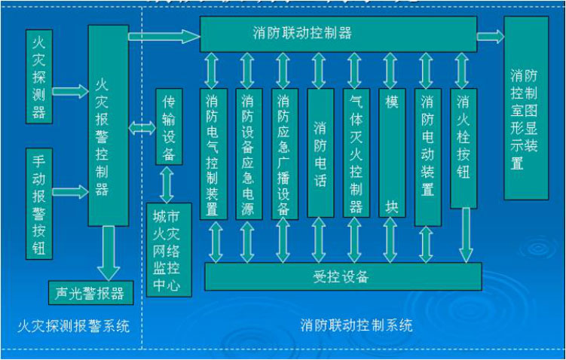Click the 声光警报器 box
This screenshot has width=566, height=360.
pyautogui.click(x=90, y=292)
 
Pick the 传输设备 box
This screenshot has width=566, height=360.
pyautogui.click(x=169, y=127)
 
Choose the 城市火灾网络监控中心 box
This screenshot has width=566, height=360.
pyautogui.click(x=169, y=249)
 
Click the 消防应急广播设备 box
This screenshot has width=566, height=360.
pyautogui.click(x=283, y=154)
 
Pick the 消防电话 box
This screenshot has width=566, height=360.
pyautogui.click(x=320, y=154)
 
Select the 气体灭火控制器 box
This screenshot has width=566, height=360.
pyautogui.click(x=355, y=154)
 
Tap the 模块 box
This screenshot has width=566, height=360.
pyautogui.click(x=391, y=154)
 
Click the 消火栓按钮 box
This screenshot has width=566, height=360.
pyautogui.click(x=463, y=148)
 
